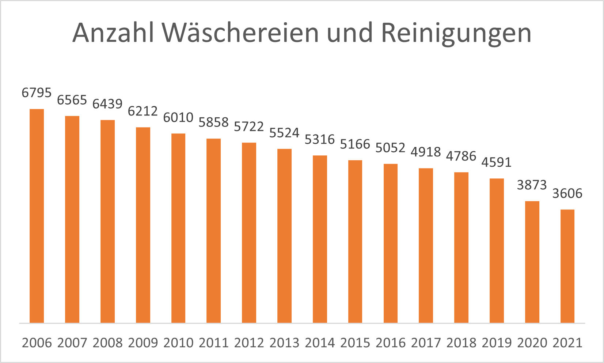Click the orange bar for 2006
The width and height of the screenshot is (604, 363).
coord(37,216)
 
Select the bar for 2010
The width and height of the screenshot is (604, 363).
coord(178,228)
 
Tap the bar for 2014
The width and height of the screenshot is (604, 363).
coord(320,239)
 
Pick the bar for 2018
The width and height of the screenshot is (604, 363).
coord(461,247)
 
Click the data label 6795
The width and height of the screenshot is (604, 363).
coord(37,93)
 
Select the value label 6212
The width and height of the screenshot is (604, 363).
coord(143,111)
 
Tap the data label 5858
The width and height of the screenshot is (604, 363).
coord(213,122)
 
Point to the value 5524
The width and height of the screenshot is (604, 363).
coord(284,133)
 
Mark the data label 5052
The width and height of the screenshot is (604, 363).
coord(390,148)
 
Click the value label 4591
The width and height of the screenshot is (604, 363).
coord(496,162)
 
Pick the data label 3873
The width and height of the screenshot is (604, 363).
coord(532,185)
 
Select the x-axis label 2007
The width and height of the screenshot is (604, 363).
coord(72,343)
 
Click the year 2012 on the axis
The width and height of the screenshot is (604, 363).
coord(249,343)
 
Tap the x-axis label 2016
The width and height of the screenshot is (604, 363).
coord(391,343)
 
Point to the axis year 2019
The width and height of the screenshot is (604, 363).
coord(497,343)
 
